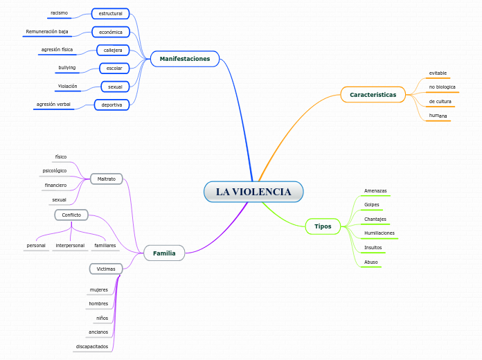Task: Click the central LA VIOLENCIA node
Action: coord(253,192)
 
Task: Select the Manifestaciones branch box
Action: coord(185,59)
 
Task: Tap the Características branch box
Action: coord(373,94)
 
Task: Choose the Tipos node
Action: coord(323,226)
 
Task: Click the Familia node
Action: coord(164,253)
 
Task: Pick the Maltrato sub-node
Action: coord(106,179)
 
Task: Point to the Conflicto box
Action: coord(71,215)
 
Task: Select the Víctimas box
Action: coord(106,268)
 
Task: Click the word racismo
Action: coord(59,13)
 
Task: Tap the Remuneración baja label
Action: coord(47,32)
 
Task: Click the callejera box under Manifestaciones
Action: coord(113,50)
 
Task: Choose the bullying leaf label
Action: coord(67,68)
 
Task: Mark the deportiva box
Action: coord(111,105)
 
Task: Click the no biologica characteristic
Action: coord(442,87)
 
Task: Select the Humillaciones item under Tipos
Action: coord(379,233)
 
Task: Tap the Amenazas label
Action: coord(375,190)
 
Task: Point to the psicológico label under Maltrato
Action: coord(55,170)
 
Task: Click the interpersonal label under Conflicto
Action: coord(70,246)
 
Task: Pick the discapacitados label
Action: coord(91,346)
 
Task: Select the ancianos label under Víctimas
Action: coord(98,332)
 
